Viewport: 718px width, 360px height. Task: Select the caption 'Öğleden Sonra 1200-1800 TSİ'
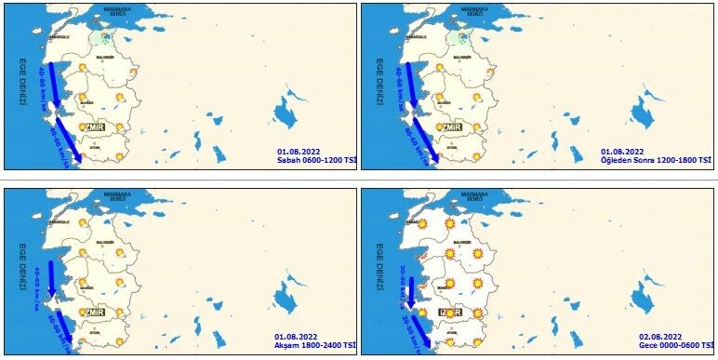coord(656,160)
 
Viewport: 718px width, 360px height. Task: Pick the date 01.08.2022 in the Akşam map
coord(297,335)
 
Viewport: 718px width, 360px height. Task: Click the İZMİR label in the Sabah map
coord(92,127)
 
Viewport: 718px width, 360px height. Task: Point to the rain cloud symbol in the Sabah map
coord(105,38)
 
